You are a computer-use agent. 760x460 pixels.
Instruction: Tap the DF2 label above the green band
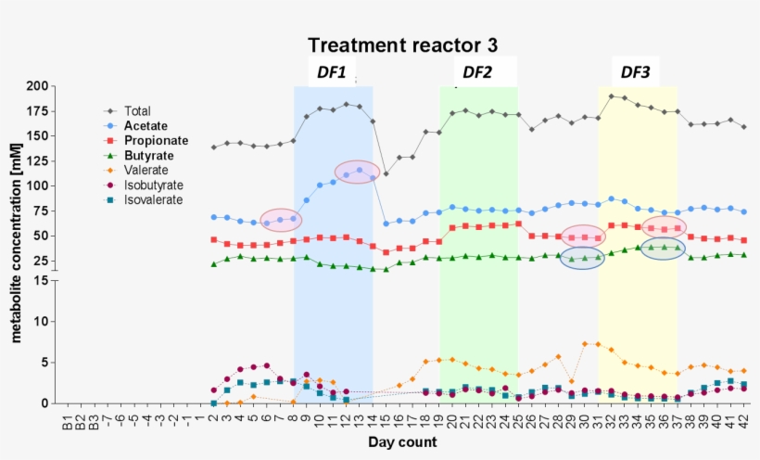point(477,72)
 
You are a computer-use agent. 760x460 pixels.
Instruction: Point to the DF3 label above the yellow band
point(635,72)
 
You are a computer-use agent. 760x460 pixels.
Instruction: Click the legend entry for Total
point(137,111)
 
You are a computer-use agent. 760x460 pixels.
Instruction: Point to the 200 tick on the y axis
point(36,86)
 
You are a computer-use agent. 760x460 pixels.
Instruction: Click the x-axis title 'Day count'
point(401,443)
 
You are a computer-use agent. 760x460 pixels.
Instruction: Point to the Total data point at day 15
point(386,173)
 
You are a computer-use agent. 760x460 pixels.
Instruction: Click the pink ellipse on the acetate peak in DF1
point(357,172)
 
